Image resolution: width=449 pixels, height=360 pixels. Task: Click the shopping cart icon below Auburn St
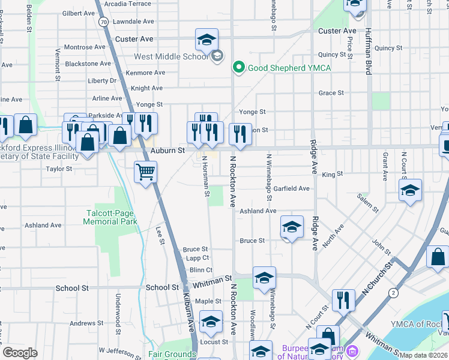coord(145,172)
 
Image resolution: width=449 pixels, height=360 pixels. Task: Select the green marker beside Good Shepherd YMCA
coord(239,67)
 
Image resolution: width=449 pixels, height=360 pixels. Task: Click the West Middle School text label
coord(171,57)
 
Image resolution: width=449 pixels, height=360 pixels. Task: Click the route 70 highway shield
coord(104,22)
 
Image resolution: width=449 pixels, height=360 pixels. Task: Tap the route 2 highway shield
coord(393,292)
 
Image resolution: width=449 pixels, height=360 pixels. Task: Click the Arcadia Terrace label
coord(128,4)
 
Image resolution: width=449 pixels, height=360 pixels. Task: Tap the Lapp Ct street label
coord(197,257)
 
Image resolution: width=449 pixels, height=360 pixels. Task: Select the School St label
coord(72,288)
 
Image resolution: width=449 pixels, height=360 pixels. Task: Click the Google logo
coord(20,353)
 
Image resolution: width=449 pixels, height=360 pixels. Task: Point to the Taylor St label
coord(59,169)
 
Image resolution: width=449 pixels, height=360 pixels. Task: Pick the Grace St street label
coord(331,93)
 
